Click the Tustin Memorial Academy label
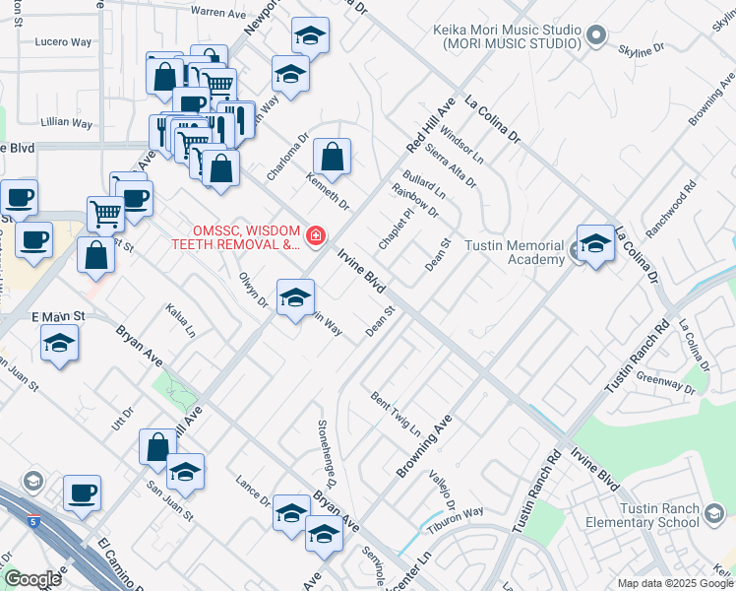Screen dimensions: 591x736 coord(515,252)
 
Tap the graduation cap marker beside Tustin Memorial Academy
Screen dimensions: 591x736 coord(595,242)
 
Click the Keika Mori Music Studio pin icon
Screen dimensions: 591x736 coord(594,37)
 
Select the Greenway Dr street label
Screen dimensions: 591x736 coord(665,382)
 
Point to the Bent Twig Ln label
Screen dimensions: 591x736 coord(396,415)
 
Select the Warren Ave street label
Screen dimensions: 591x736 coord(217,12)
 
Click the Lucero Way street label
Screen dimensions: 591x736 coord(62,42)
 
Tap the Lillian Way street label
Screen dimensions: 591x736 coord(67,124)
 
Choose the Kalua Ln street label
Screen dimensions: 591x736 coord(182,321)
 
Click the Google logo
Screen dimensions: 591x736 coord(32,579)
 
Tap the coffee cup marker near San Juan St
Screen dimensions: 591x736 coord(82,492)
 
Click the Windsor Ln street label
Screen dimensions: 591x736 coord(462,144)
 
